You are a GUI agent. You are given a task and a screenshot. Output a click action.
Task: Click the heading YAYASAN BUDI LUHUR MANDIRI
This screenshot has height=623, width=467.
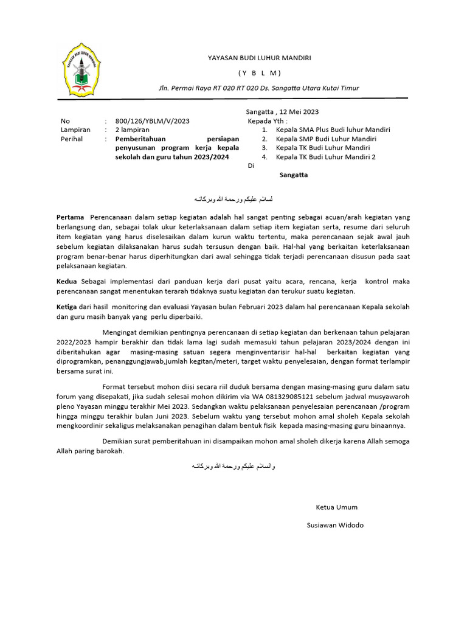259,58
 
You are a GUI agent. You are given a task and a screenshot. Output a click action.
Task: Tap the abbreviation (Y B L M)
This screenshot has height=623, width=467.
259,73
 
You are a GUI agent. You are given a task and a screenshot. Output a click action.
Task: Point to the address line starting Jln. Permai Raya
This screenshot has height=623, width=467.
258,88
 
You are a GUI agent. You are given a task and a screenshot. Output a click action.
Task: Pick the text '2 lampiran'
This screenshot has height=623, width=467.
132,130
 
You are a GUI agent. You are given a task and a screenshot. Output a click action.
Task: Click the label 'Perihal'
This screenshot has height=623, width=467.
72,139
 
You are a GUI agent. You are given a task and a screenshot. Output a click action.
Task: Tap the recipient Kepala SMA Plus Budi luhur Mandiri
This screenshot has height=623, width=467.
333,130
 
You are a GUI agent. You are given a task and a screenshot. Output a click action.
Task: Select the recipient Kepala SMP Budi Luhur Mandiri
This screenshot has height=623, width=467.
327,139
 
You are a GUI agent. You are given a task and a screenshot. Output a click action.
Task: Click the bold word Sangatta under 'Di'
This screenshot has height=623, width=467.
293,175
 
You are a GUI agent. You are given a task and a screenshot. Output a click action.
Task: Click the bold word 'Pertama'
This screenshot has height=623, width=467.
71,217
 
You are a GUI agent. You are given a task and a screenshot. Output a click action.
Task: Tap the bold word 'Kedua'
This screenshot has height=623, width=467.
66,281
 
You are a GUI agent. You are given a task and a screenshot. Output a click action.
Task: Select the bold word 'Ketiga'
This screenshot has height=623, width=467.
67,308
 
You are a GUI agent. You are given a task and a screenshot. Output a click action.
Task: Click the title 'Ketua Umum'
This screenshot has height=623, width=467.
336,507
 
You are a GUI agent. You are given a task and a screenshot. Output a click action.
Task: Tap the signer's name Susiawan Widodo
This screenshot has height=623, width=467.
335,525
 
